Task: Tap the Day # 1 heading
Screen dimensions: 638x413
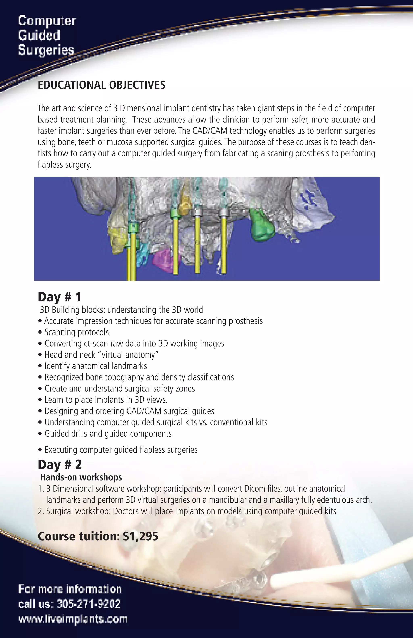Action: (59, 297)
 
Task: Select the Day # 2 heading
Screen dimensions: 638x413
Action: (59, 465)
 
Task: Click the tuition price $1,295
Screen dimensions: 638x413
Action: (140, 536)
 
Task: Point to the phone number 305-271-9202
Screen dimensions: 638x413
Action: (89, 604)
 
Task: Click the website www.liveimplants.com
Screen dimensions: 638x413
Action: (73, 619)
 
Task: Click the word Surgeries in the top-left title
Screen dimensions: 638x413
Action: (46, 50)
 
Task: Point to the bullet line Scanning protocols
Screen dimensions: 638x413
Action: (76, 332)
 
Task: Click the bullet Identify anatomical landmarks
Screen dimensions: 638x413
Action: (95, 366)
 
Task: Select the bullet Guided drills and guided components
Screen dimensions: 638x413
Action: (108, 434)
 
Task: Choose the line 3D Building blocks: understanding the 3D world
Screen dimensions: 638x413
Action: (121, 310)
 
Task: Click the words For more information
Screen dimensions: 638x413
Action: (70, 589)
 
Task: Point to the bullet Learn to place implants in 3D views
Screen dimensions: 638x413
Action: (106, 400)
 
